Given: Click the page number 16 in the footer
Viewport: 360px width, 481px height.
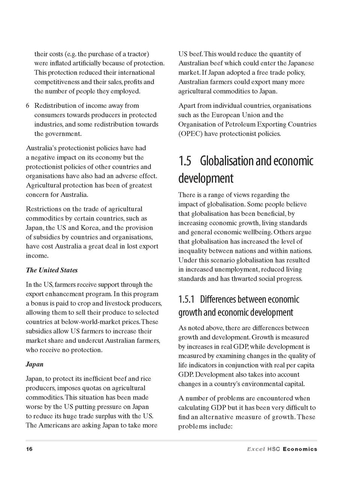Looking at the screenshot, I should click(29, 449).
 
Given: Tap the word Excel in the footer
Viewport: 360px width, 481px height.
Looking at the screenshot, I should click(256, 449).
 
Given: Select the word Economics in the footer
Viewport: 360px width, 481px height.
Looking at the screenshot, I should click(300, 449).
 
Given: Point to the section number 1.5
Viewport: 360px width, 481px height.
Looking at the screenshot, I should click(185, 161).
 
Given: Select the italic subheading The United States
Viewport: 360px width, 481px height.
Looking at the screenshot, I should click(52, 270).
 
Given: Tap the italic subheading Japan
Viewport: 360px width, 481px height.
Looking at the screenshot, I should click(35, 364).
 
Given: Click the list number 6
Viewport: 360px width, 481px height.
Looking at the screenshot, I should click(28, 106).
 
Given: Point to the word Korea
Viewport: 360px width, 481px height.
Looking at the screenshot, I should click(90, 228).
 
